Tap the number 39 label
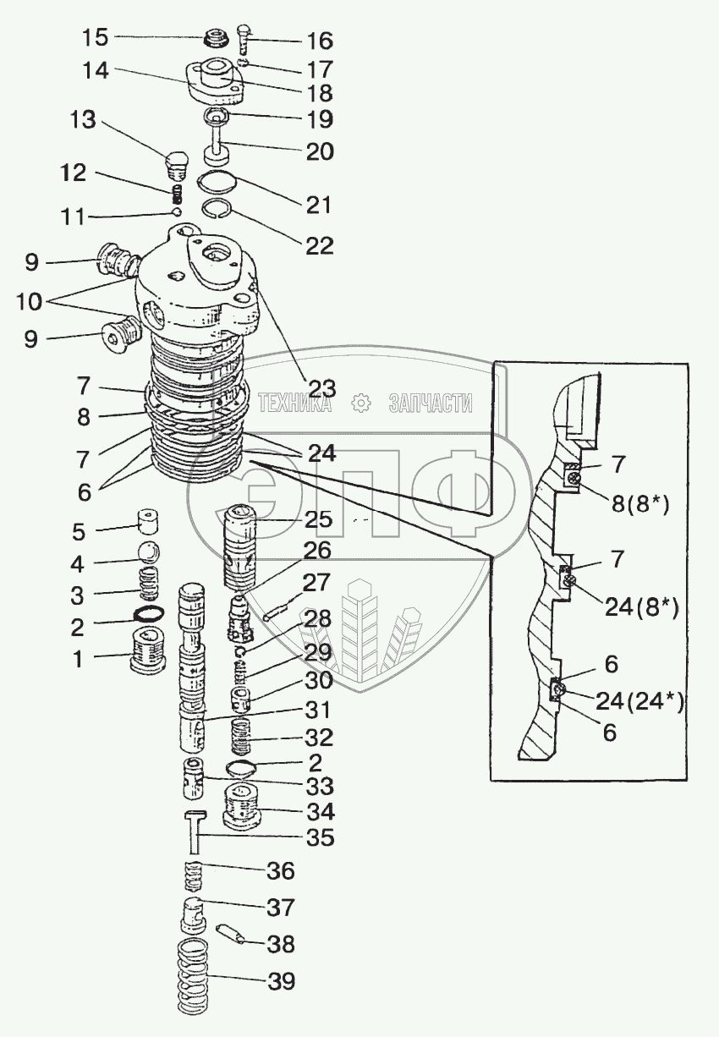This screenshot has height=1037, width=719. point(282,981)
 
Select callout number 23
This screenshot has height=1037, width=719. point(322,388)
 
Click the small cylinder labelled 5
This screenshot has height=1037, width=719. point(150,518)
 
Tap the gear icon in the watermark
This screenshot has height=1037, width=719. point(361,403)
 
